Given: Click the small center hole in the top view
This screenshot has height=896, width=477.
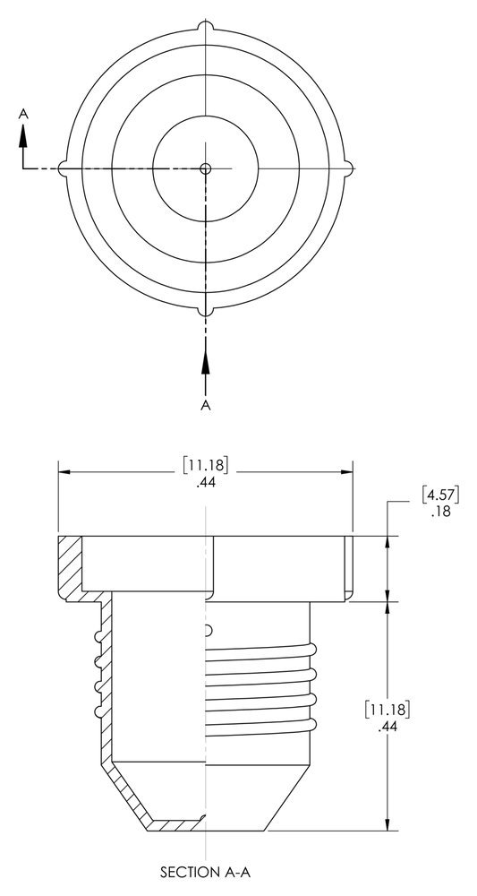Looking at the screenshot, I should pos(206,168).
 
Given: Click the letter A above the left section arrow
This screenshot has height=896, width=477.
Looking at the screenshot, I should pos(24,114).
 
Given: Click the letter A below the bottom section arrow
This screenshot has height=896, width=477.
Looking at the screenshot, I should pos(206,406).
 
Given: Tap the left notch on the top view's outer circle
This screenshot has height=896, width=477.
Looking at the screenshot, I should pos(62,168).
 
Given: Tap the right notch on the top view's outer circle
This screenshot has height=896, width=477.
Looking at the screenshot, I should pos(350,168).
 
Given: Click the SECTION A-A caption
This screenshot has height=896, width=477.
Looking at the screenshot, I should pos(205,870).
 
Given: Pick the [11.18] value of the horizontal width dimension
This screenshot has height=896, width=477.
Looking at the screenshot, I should pos(205,464).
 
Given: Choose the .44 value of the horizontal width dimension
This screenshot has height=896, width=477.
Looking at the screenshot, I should pos(205,482).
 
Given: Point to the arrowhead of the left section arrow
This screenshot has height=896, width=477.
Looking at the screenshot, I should pos(24,133).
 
